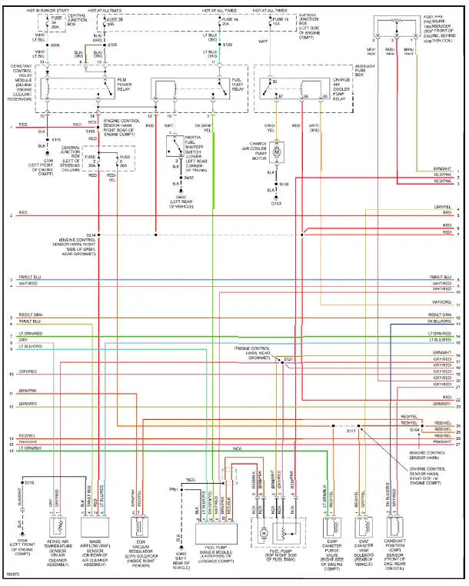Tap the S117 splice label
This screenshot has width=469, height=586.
pos(350,431)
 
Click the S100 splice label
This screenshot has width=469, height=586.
pos(284,185)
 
